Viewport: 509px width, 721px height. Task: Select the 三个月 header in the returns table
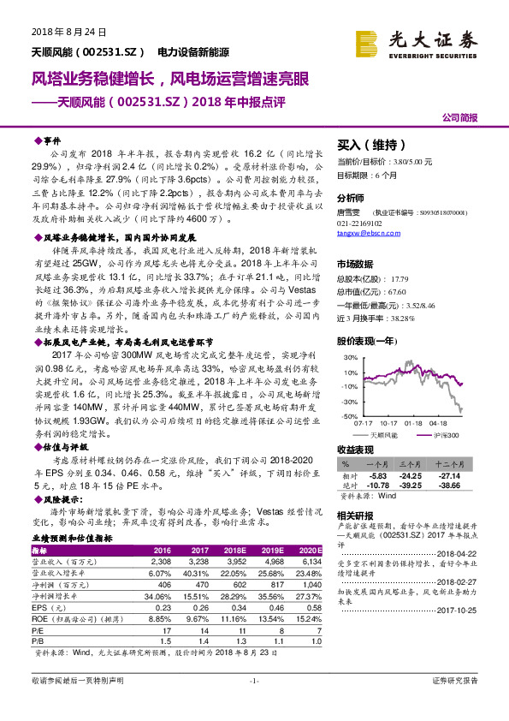411,465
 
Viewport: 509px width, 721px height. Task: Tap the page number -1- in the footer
254,704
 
